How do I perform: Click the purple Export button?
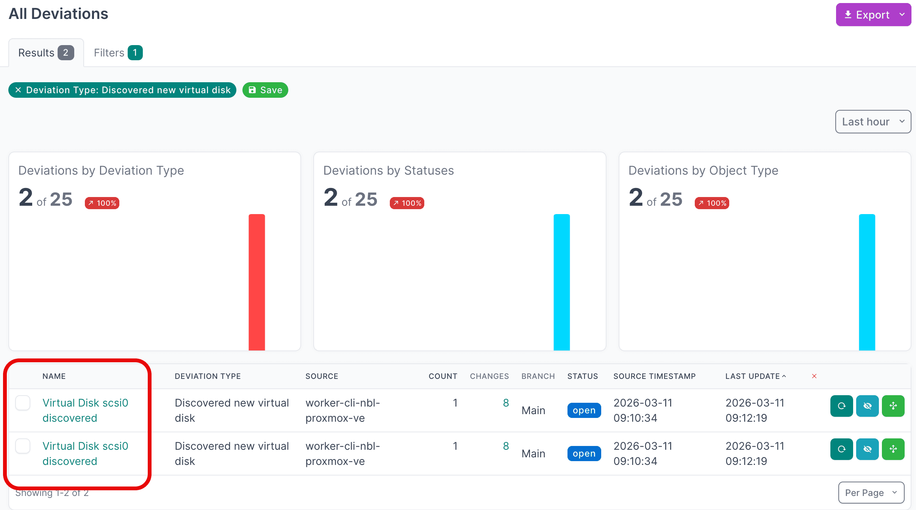(873, 15)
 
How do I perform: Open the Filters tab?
(118, 53)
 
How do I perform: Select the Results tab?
(46, 53)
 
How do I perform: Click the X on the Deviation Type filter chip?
(18, 90)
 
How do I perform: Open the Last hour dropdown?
(873, 122)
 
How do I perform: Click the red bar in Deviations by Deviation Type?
(256, 282)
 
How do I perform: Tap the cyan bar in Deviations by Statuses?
(561, 282)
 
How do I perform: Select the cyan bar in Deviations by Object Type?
(867, 282)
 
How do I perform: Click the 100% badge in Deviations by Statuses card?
(407, 203)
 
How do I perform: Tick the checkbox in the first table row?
(23, 403)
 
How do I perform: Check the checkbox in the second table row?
(23, 446)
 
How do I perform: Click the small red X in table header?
(814, 376)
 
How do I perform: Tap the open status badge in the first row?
(584, 410)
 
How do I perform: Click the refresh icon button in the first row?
(841, 406)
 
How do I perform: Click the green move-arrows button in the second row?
(893, 449)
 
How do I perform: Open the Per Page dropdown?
(871, 493)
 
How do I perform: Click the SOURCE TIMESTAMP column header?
(654, 376)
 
